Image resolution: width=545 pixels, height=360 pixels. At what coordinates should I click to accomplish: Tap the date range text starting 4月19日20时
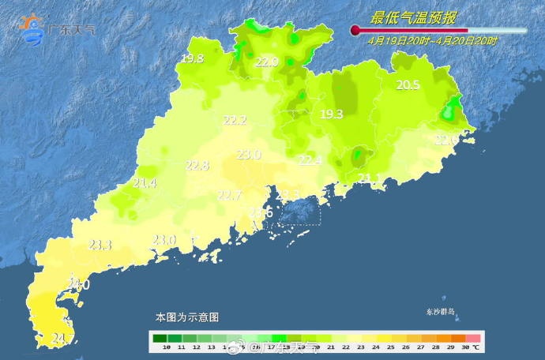[432, 40]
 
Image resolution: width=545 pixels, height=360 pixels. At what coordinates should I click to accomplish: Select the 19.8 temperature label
[192, 59]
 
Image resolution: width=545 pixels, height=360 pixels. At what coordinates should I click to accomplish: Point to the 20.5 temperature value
[408, 85]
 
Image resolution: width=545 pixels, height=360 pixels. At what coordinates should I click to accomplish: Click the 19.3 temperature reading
[331, 114]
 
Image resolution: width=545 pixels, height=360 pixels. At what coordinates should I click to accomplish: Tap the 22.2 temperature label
[235, 121]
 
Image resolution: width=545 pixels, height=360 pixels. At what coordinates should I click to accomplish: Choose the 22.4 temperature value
[310, 160]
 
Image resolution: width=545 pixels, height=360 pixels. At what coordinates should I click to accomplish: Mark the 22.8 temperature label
[197, 166]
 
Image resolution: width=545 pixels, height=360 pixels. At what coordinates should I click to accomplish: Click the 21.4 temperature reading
[145, 183]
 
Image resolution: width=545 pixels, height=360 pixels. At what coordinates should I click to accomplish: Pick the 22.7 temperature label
[229, 195]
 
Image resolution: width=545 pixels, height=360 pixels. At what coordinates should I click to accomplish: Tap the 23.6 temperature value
[261, 212]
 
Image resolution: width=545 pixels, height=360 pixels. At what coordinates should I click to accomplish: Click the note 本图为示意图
[186, 317]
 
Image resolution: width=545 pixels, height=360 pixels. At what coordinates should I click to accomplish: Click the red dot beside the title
[355, 31]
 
